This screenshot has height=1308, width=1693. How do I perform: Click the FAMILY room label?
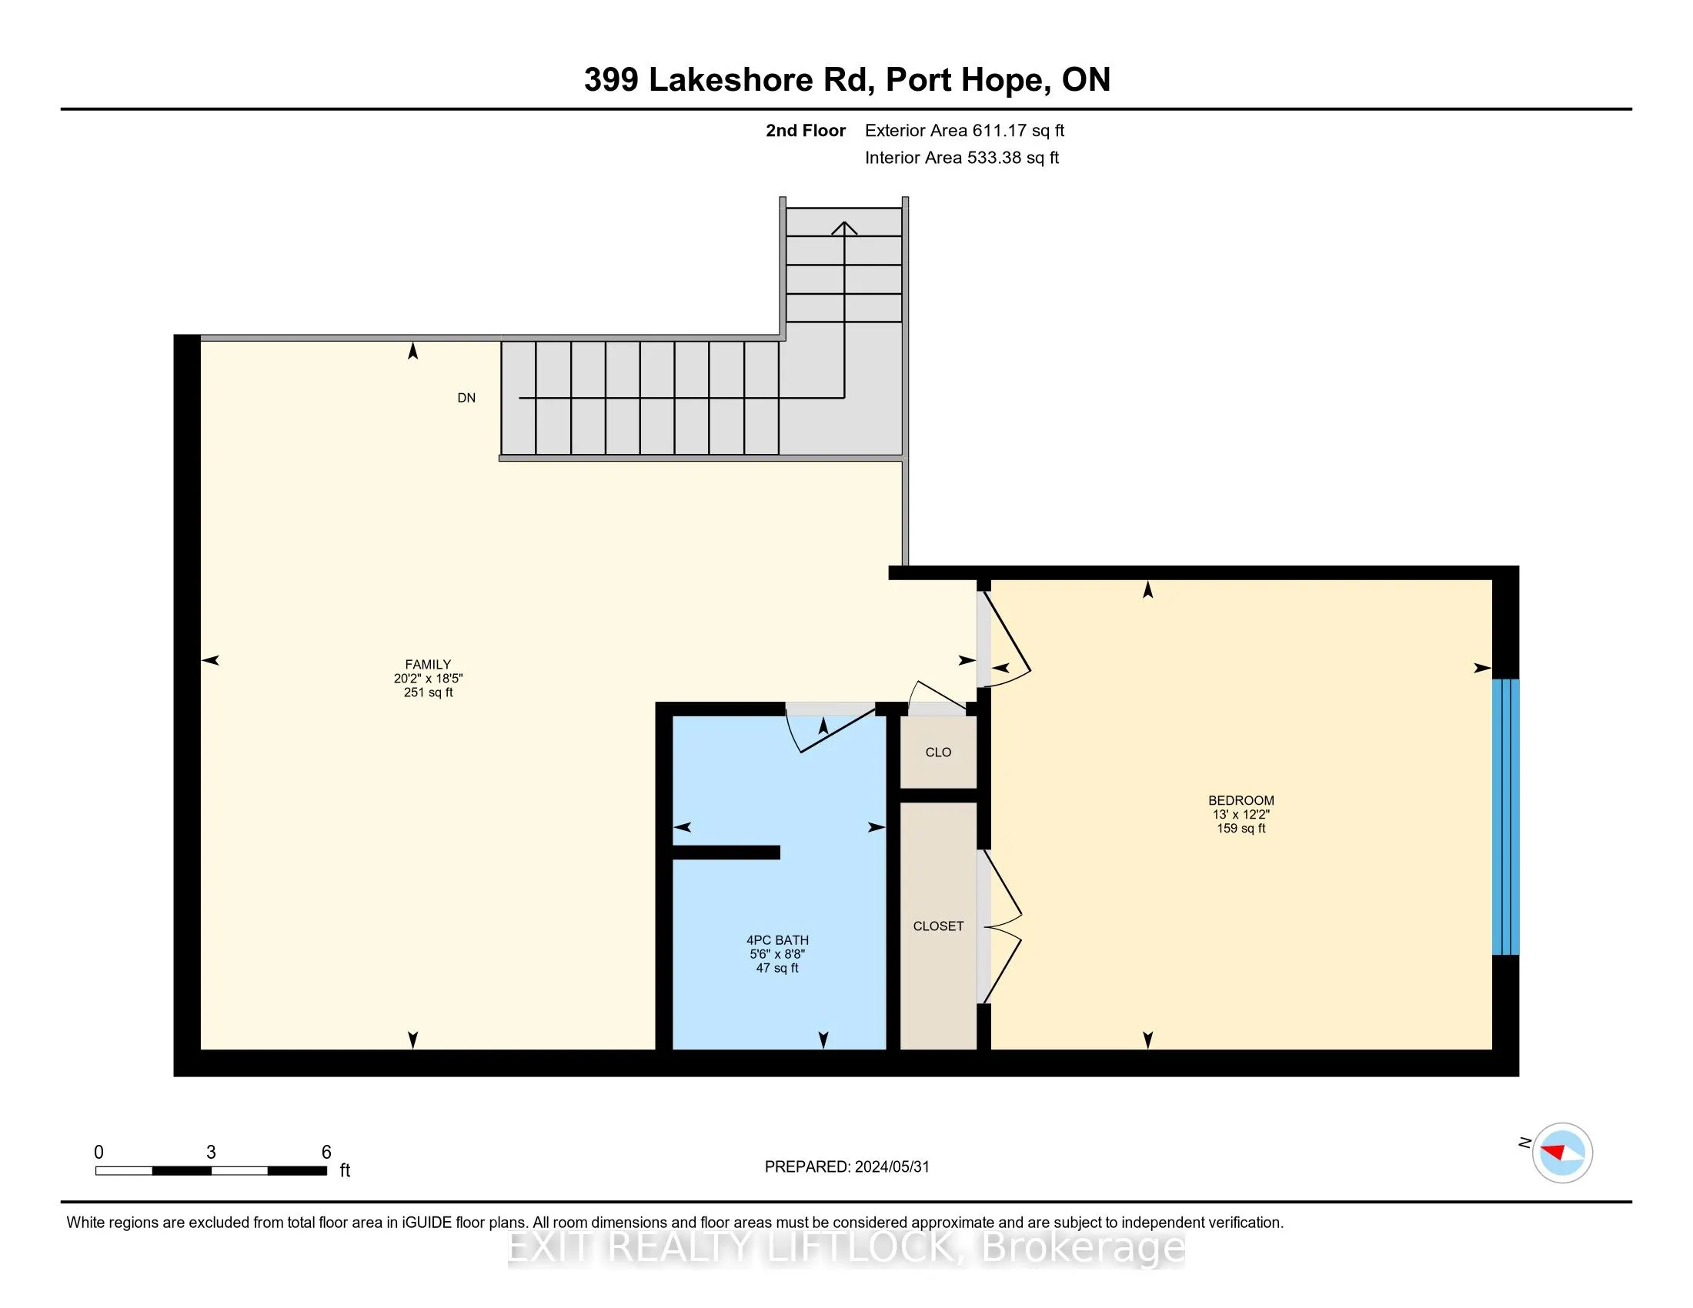[428, 664]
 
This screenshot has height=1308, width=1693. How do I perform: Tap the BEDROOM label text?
[1241, 800]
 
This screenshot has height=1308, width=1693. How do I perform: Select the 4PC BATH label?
[776, 940]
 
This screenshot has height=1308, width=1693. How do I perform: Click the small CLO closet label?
[938, 752]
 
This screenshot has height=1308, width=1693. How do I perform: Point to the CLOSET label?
[938, 926]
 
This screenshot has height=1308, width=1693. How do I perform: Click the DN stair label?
[466, 399]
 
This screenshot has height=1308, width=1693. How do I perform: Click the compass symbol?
[1562, 1153]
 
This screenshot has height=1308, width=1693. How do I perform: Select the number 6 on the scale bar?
[326, 1153]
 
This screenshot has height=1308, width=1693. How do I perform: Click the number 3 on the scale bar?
[211, 1153]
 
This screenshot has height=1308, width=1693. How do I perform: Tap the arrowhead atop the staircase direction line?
[844, 227]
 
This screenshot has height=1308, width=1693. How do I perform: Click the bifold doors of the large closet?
[1001, 926]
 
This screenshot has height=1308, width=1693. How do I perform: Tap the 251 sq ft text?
[428, 692]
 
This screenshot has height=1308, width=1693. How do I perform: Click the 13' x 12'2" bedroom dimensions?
[1241, 814]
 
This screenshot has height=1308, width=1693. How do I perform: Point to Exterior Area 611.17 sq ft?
[964, 131]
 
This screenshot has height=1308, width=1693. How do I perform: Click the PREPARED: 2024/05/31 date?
[846, 1167]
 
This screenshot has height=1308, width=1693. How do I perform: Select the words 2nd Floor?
[806, 131]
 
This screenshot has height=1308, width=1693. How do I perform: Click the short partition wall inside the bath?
[726, 853]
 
